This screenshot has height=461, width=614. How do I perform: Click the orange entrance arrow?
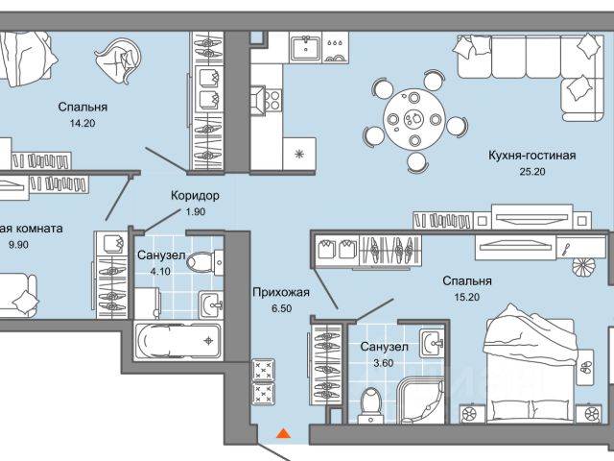click(282, 434)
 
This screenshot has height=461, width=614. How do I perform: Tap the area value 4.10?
click(153, 272)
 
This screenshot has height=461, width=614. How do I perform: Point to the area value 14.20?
click(82, 123)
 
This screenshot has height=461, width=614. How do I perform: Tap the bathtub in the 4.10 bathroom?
click(178, 341)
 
